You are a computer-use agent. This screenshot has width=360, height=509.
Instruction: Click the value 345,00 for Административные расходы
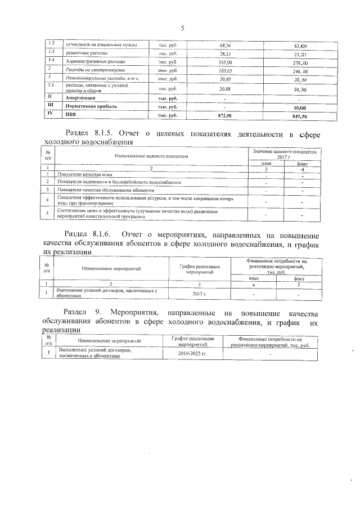(225, 61)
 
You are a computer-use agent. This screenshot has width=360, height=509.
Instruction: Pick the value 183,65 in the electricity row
(225, 69)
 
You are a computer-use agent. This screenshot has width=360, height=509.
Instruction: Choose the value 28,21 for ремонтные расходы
(225, 52)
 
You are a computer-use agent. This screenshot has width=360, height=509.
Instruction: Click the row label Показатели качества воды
(84, 175)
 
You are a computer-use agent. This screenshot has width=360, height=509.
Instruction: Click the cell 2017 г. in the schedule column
(200, 294)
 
